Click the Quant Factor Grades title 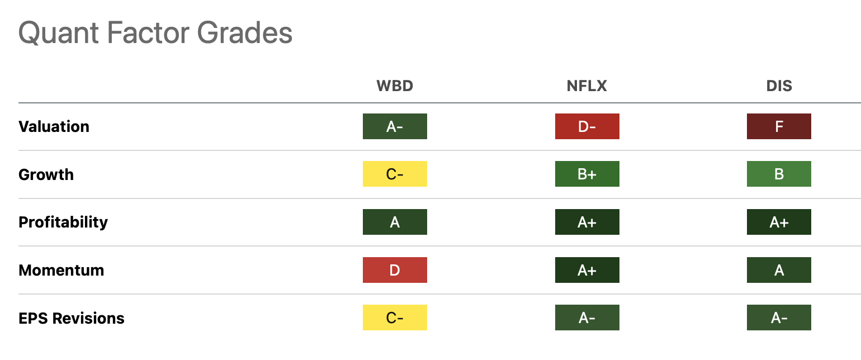coord(155,34)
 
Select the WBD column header coord(395,86)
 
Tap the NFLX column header coord(586,86)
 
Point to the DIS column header coord(779,86)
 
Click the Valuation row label coord(54,127)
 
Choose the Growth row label coord(46,174)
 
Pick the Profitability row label coord(63,222)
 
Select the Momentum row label coord(61,271)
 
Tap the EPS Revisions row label coord(72,318)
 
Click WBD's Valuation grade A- coord(395,126)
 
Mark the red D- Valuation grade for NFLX coord(586,126)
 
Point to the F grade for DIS coord(779,126)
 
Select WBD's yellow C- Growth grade coord(395,174)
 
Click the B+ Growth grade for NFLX coord(586,174)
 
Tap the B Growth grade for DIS coord(779,174)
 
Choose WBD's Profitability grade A coord(395,222)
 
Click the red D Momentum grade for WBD coord(395,270)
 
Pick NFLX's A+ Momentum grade coord(586,270)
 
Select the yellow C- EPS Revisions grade coord(395,318)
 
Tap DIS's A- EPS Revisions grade coord(779,318)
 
